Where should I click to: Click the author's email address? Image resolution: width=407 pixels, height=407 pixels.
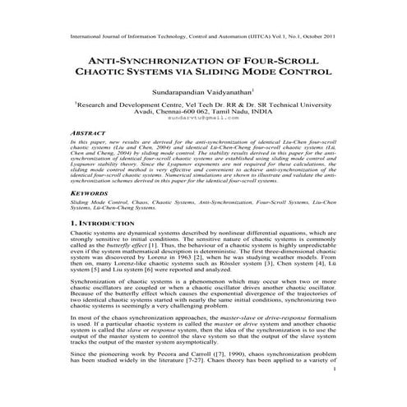pos(202,118)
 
